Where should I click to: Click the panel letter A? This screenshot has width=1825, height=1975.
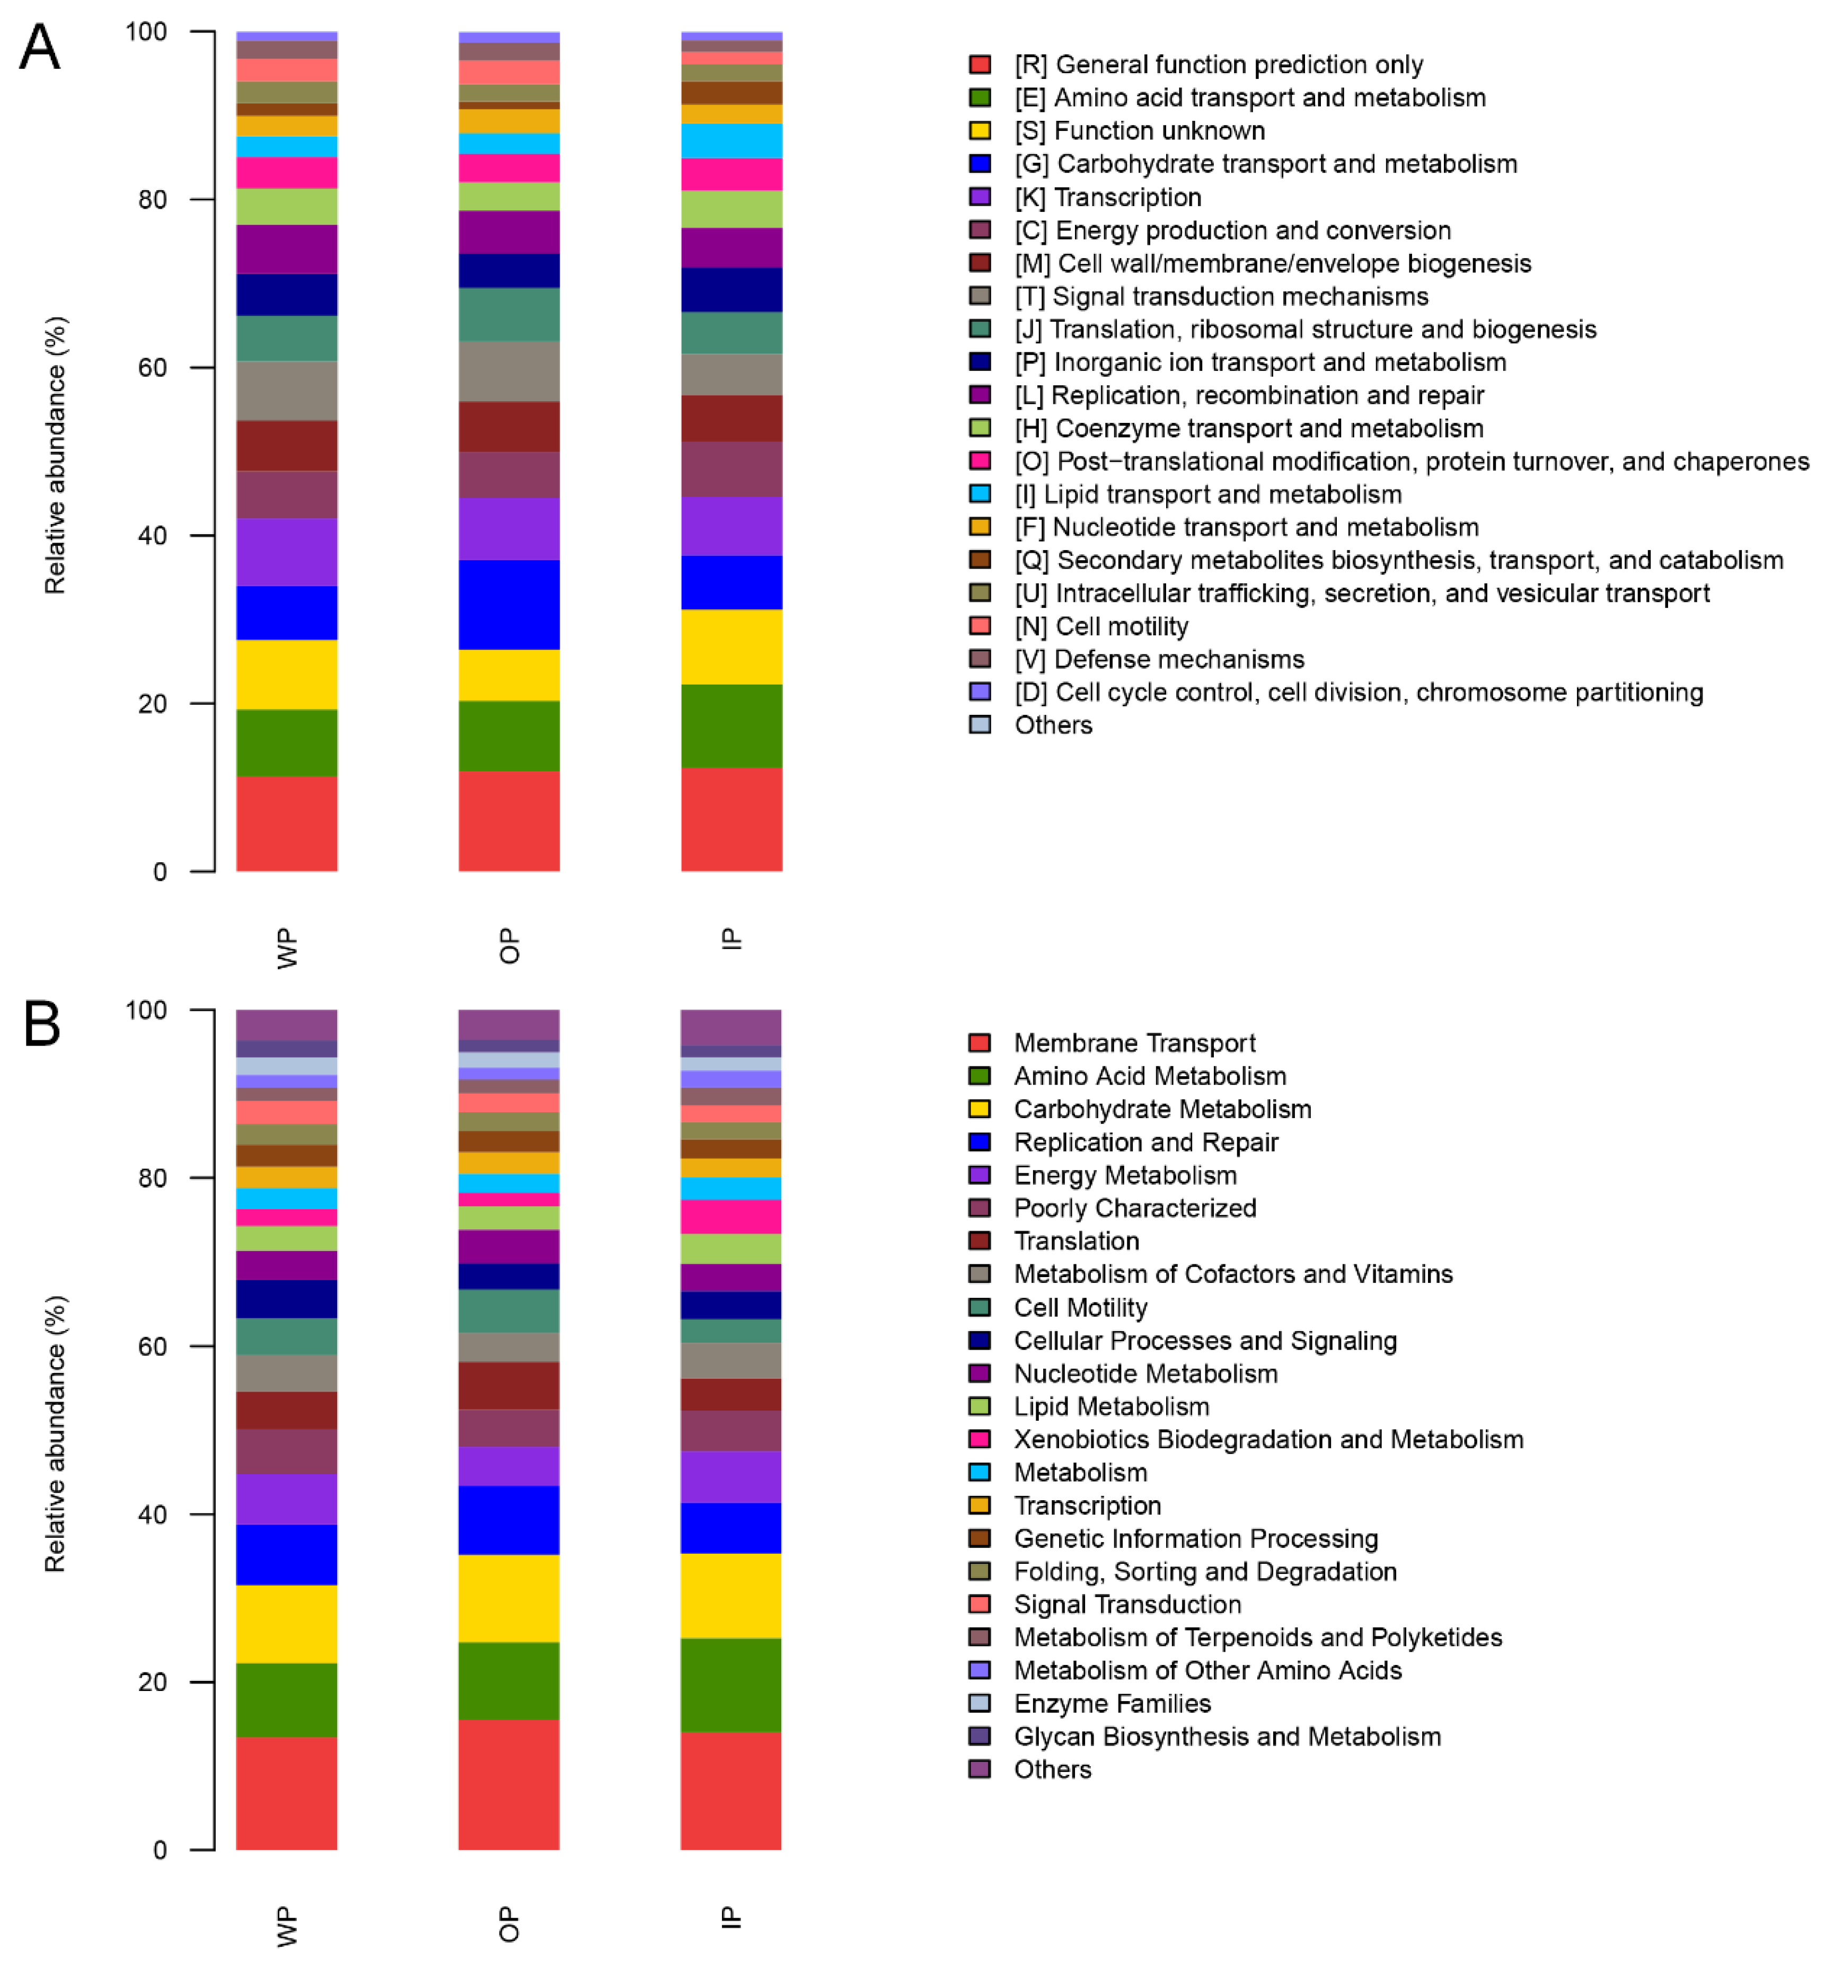[x=40, y=47]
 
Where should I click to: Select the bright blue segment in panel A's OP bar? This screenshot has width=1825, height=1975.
[x=508, y=604]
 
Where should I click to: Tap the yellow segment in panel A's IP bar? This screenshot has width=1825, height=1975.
[x=731, y=647]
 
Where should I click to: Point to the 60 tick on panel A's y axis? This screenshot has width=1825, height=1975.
[x=153, y=367]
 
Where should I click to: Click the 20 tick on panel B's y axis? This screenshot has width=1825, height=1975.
[x=153, y=1682]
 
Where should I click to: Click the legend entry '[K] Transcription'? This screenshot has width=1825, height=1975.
[x=1108, y=198]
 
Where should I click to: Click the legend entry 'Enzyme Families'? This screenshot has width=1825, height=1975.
[x=1112, y=1704]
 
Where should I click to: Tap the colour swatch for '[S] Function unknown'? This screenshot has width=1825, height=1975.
[x=980, y=130]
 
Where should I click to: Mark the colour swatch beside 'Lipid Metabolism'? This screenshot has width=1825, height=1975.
[x=980, y=1406]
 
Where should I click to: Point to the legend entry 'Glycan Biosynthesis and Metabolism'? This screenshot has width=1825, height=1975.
[x=1227, y=1736]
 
